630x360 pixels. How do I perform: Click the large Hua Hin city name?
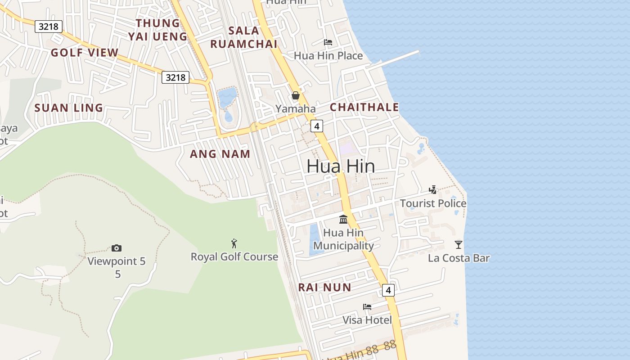[x=341, y=166]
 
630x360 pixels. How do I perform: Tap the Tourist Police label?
[x=433, y=203]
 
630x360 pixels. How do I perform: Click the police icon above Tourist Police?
[x=433, y=189]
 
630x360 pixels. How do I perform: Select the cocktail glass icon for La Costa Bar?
[x=458, y=245]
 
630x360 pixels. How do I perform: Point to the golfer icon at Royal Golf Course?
[x=234, y=243]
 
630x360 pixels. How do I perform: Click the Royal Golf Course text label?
[x=234, y=257]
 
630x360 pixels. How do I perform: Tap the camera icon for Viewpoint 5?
[x=117, y=248]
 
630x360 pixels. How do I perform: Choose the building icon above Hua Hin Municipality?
[x=343, y=219]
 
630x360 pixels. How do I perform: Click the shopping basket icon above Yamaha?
[x=296, y=95]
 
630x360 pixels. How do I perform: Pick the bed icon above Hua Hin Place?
[x=328, y=42]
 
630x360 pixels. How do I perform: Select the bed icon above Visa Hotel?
[x=367, y=307]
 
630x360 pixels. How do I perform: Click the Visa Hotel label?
[x=367, y=320]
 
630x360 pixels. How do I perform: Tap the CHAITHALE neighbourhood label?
[x=364, y=107]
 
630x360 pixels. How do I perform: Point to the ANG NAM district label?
[x=220, y=154]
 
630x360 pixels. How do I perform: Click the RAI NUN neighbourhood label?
[x=325, y=287]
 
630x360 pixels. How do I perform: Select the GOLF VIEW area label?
[x=85, y=53]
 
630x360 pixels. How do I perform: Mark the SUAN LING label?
[x=69, y=108]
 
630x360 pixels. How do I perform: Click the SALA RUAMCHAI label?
[x=244, y=37]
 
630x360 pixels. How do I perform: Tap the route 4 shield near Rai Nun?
[x=388, y=290]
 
